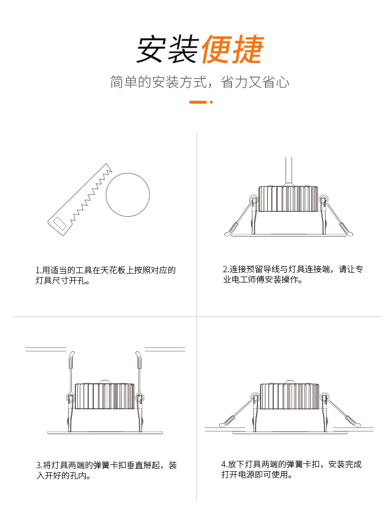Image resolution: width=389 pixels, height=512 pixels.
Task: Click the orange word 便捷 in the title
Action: pyautogui.click(x=232, y=50)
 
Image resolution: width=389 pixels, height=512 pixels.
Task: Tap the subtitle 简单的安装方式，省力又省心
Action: pyautogui.click(x=199, y=82)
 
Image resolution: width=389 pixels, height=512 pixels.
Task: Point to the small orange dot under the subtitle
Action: pyautogui.click(x=211, y=102)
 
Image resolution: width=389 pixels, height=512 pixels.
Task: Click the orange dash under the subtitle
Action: pyautogui.click(x=197, y=102)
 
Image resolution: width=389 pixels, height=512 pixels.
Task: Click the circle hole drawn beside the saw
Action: pyautogui.click(x=128, y=195)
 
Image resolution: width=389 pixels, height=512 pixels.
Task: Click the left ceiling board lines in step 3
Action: pyautogui.click(x=45, y=349)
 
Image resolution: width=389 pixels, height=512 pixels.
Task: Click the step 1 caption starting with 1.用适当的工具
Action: pyautogui.click(x=105, y=276)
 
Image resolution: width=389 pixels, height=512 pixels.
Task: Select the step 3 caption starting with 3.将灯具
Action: pyautogui.click(x=106, y=470)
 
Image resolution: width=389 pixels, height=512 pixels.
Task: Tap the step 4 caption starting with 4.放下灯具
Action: pyautogui.click(x=291, y=469)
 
